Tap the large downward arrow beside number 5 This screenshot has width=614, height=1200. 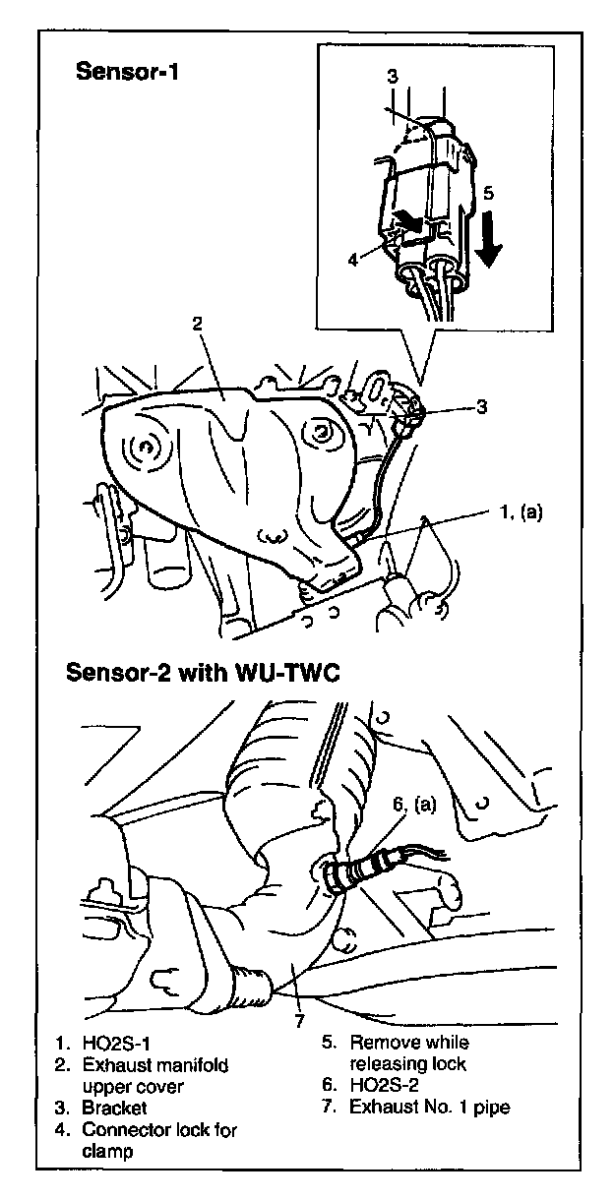tap(488, 240)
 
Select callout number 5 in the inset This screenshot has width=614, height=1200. tap(489, 193)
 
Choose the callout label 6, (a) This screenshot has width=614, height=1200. tap(412, 804)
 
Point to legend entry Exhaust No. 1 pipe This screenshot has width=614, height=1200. tap(430, 1107)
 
